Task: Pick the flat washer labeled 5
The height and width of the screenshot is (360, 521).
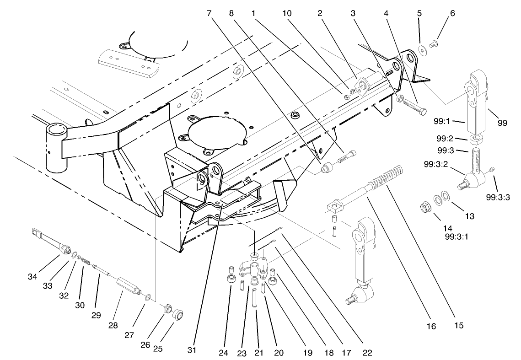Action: (x=420, y=49)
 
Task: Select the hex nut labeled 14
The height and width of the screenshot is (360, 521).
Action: (x=425, y=208)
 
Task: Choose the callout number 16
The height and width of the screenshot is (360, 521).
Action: (x=431, y=326)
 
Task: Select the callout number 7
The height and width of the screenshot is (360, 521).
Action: (x=209, y=13)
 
